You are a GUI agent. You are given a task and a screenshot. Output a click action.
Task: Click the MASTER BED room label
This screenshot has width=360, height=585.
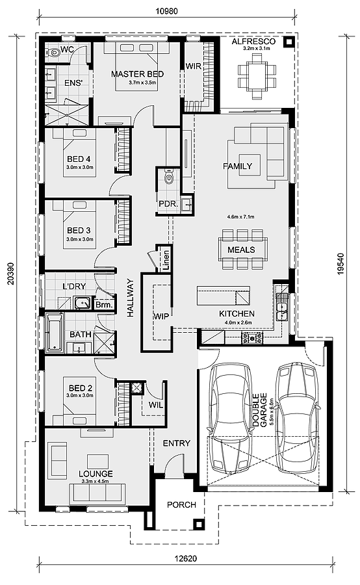pos(136,74)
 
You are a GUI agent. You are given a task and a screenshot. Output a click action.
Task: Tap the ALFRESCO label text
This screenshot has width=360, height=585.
pos(253,41)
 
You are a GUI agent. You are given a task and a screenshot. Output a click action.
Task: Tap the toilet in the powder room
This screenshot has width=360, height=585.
pos(168,176)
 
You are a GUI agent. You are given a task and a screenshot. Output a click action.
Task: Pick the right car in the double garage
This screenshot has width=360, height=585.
pos(299,416)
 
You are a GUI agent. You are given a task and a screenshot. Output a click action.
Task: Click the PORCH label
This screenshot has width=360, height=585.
pos(181,504)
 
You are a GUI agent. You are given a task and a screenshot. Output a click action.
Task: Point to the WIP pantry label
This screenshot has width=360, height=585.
pos(161,316)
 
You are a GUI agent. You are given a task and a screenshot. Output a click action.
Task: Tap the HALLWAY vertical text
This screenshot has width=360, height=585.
pos(129,298)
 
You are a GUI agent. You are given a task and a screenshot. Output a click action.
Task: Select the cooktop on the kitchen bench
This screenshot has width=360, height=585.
pos(251,339)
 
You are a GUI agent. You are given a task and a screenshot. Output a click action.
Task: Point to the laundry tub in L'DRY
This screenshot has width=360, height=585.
pos(82,304)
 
